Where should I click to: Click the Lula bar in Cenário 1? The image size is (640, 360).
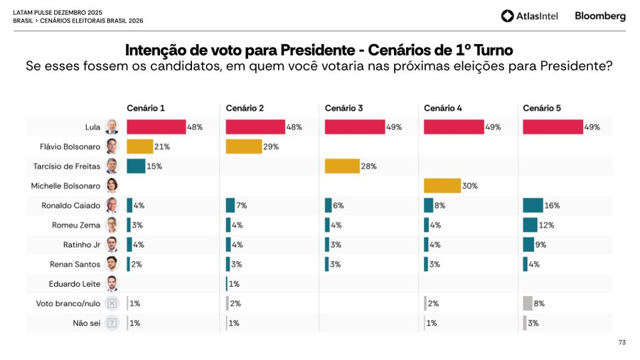[x=156, y=127]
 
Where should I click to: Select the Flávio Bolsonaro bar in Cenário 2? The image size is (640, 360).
[x=242, y=147]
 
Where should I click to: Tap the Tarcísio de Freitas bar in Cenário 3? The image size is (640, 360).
[x=341, y=166]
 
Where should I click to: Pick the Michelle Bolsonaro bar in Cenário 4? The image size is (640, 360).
[x=442, y=186]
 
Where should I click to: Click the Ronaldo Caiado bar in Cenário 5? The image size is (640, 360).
[x=533, y=205]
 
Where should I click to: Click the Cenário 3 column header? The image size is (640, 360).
[x=343, y=108]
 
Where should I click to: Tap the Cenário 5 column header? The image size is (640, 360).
[x=542, y=108]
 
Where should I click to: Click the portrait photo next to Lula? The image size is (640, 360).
[x=112, y=127]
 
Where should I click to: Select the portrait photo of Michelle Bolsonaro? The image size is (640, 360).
[x=112, y=186]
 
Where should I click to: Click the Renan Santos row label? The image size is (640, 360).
[x=75, y=264]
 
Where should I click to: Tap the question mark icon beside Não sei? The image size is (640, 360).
[x=112, y=323]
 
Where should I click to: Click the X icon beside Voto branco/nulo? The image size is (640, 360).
[x=112, y=303]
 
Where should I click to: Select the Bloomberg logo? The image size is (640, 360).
[x=600, y=16]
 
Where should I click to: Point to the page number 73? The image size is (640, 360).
[x=622, y=343]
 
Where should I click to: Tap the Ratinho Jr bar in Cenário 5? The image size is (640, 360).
[x=528, y=244]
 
